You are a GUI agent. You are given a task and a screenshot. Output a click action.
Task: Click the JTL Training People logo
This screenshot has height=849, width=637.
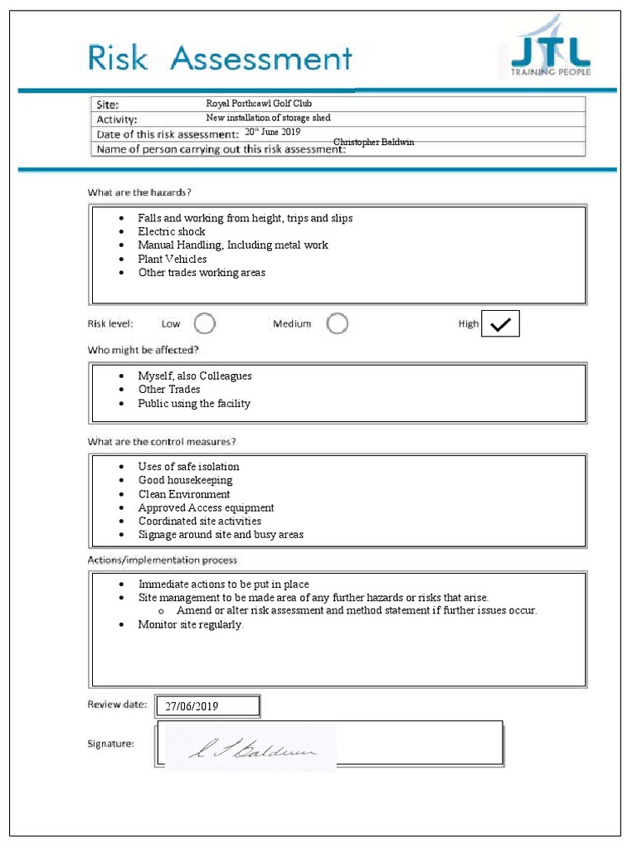(549, 52)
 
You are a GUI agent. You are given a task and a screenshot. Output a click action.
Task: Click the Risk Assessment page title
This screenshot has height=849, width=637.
(221, 59)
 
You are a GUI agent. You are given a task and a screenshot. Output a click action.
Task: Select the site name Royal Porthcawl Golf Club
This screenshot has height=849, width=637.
(259, 104)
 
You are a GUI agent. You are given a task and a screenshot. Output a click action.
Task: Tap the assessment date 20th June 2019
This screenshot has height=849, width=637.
(272, 132)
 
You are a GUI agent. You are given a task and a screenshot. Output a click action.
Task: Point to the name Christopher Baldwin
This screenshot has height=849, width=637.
(373, 143)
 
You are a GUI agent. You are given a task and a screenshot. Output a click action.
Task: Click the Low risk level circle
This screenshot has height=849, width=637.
(205, 323)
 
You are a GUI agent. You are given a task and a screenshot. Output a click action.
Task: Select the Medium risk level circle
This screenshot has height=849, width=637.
(337, 323)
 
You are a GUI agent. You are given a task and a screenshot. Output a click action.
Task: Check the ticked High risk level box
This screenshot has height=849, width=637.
(500, 325)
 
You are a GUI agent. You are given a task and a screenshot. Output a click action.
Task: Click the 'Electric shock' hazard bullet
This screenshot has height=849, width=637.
(172, 231)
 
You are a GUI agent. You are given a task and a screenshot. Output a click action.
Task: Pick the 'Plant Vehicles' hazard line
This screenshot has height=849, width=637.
(173, 259)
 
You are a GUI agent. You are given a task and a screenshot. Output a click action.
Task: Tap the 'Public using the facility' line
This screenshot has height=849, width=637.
(194, 404)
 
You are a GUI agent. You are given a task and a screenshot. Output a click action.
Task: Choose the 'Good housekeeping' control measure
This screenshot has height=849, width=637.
(185, 480)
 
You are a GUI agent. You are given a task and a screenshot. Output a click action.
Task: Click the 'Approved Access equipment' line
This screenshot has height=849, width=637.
(206, 507)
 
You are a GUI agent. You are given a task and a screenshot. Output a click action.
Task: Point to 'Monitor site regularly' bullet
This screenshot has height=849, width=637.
(191, 624)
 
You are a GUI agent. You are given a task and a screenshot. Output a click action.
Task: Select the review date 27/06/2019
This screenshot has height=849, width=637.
(192, 706)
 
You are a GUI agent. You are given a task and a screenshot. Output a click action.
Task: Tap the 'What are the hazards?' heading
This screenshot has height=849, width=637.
(139, 192)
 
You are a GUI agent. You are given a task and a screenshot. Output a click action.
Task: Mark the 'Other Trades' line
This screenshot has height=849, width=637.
(169, 390)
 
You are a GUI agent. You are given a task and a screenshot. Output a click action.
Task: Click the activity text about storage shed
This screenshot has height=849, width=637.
(268, 119)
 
